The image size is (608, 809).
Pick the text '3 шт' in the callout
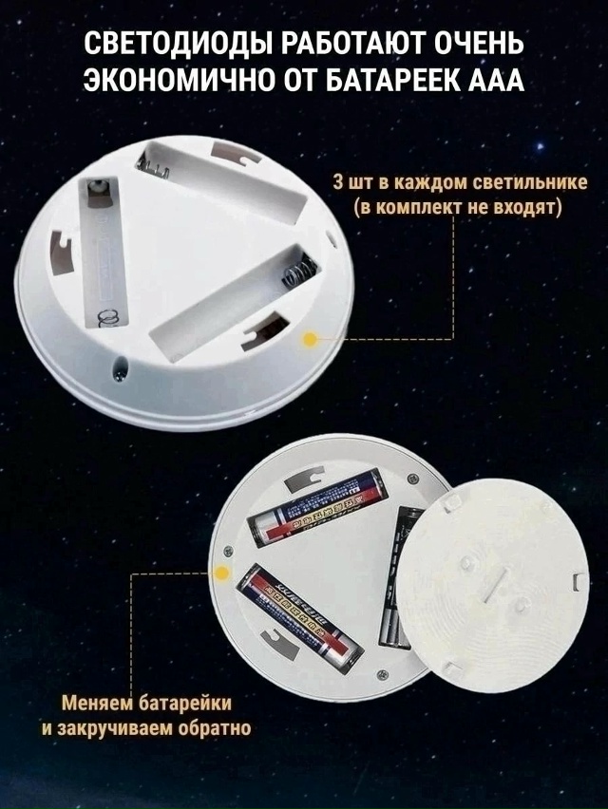[353, 182]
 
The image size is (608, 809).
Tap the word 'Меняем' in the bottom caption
[92, 705]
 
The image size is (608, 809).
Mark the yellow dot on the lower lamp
[222, 572]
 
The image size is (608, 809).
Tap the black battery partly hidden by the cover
[397, 579]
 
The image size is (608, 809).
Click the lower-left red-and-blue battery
[298, 617]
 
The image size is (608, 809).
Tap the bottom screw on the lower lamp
[382, 675]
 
